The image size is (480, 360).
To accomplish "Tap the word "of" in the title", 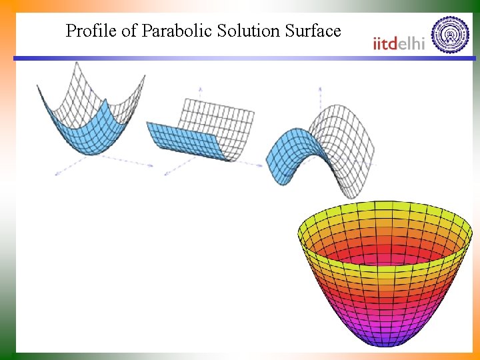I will click(x=127, y=31).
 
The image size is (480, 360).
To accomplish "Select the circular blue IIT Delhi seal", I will click(x=450, y=34).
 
